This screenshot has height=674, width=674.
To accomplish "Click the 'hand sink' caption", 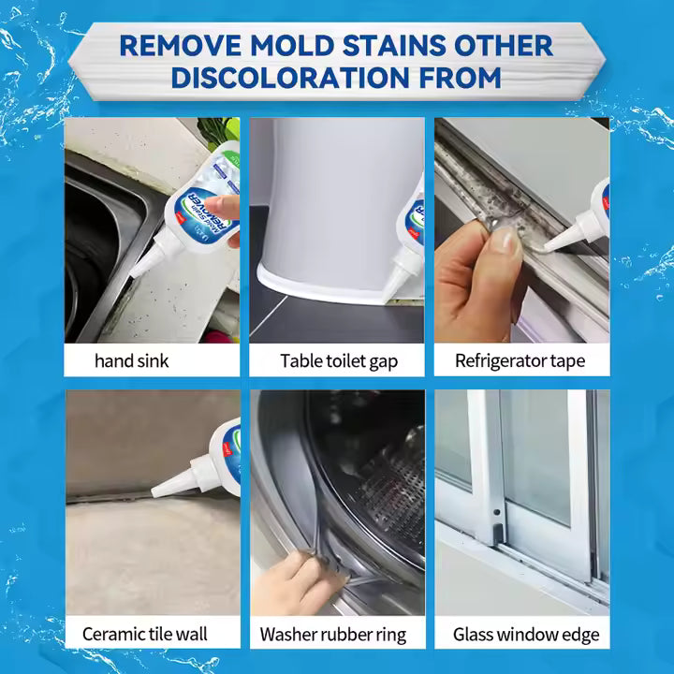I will coord(132,360).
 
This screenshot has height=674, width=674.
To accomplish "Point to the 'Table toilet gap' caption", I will coord(336,360).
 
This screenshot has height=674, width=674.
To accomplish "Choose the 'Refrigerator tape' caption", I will coord(520,360).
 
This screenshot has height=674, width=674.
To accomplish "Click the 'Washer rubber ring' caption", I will coord(333,634).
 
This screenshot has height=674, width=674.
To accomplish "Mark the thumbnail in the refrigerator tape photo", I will coord(506,242).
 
